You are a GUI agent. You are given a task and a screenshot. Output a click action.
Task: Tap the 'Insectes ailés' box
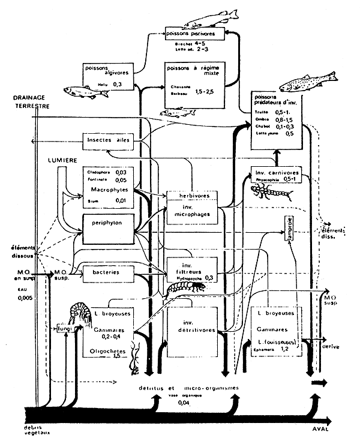[x=106, y=140]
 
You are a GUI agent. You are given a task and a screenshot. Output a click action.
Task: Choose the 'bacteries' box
[x=106, y=272]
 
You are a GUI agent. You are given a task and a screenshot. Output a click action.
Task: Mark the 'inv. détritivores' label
[x=190, y=324]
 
